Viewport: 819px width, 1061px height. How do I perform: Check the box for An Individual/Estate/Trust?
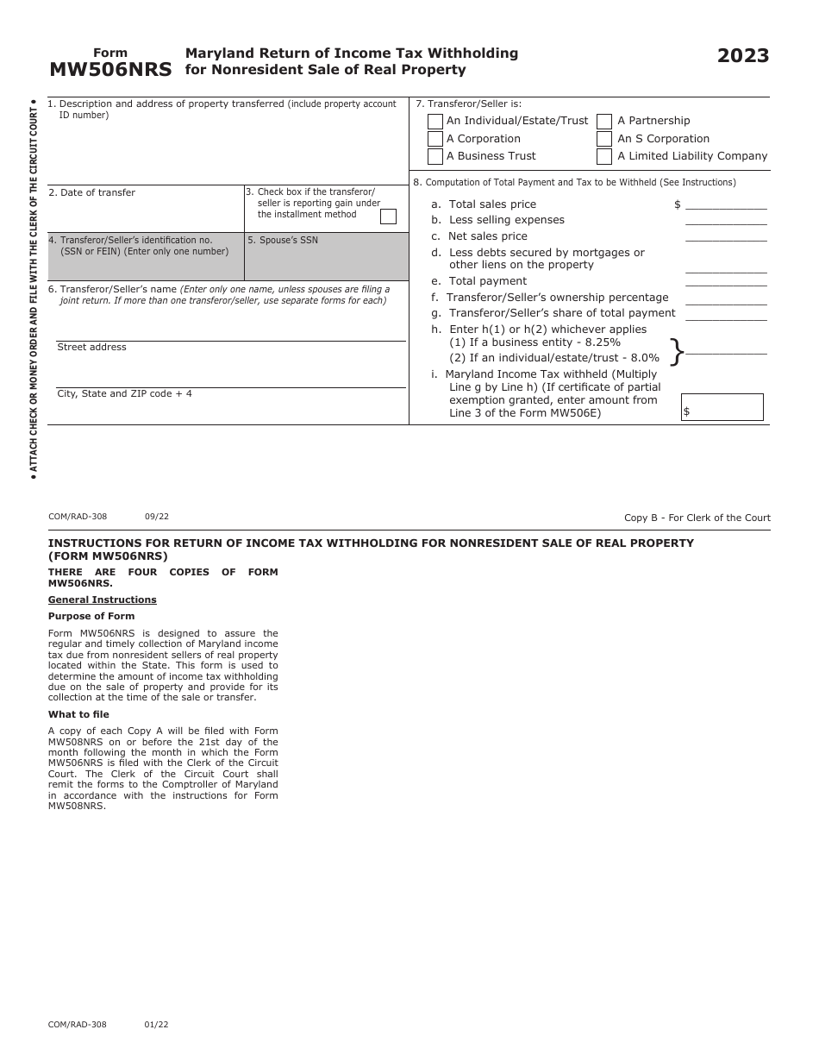click(x=435, y=122)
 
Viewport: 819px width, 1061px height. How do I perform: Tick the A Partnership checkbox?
click(x=604, y=122)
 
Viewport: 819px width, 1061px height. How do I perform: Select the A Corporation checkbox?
click(x=435, y=139)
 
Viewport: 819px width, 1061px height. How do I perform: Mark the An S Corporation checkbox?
click(x=604, y=139)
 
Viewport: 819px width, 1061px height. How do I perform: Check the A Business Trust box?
click(x=435, y=156)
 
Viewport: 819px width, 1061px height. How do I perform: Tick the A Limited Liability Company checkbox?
click(x=604, y=156)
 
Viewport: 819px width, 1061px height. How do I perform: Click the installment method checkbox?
click(x=389, y=217)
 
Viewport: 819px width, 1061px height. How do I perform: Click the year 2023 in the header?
click(x=743, y=56)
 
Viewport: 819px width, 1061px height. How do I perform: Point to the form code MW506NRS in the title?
click(x=110, y=70)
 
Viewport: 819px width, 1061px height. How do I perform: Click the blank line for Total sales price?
click(x=726, y=204)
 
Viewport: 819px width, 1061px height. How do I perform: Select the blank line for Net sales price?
click(x=726, y=236)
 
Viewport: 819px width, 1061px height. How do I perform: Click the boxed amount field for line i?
click(x=722, y=407)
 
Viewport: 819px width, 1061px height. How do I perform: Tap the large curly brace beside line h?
click(x=677, y=351)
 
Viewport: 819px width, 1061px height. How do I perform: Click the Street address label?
click(x=91, y=348)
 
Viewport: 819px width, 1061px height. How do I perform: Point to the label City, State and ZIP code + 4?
click(x=125, y=394)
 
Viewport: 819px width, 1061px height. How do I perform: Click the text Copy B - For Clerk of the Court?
click(x=697, y=518)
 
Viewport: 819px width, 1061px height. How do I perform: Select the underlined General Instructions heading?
click(x=103, y=600)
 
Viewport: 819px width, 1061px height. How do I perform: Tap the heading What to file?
click(x=78, y=715)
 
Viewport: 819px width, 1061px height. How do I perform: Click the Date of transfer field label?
click(x=92, y=193)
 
